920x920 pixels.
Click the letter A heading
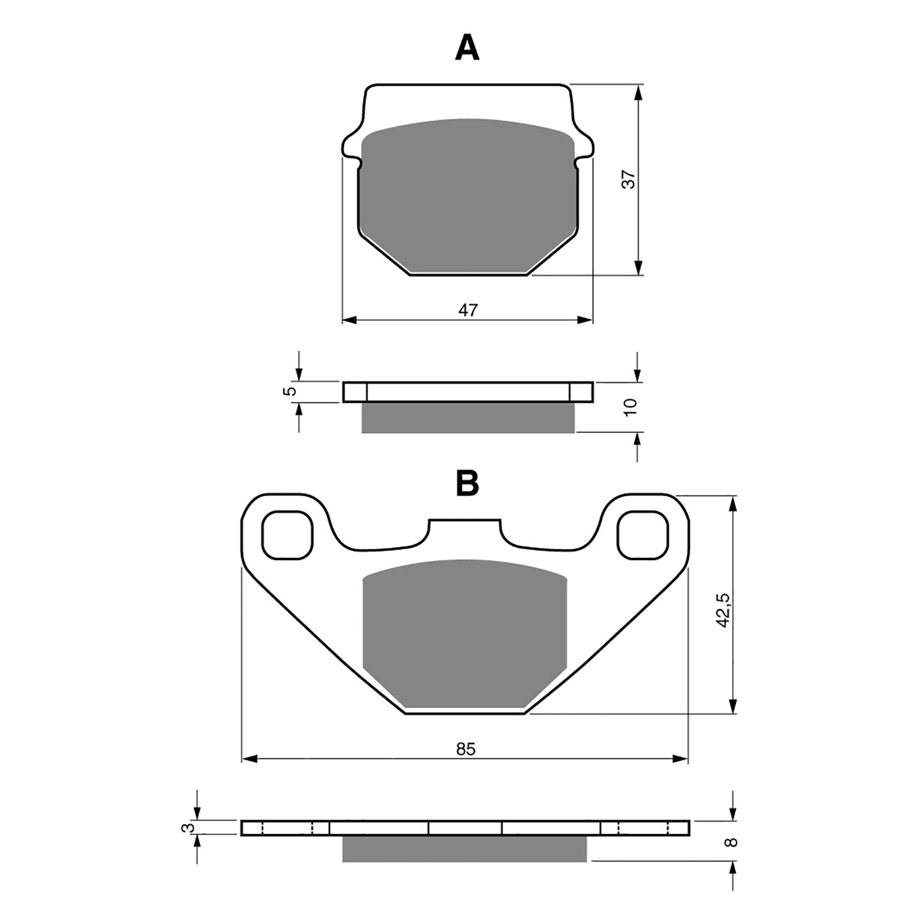click(x=466, y=48)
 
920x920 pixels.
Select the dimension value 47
click(x=467, y=310)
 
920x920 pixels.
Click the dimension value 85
click(x=466, y=749)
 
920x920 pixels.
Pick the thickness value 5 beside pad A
click(x=291, y=391)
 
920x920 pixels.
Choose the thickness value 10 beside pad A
click(x=631, y=407)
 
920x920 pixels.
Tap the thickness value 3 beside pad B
click(x=185, y=828)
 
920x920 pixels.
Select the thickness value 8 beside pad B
click(x=730, y=842)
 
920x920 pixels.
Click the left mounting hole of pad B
click(x=287, y=535)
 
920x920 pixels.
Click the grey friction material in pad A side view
click(x=467, y=417)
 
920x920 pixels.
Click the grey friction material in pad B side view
click(x=464, y=849)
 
